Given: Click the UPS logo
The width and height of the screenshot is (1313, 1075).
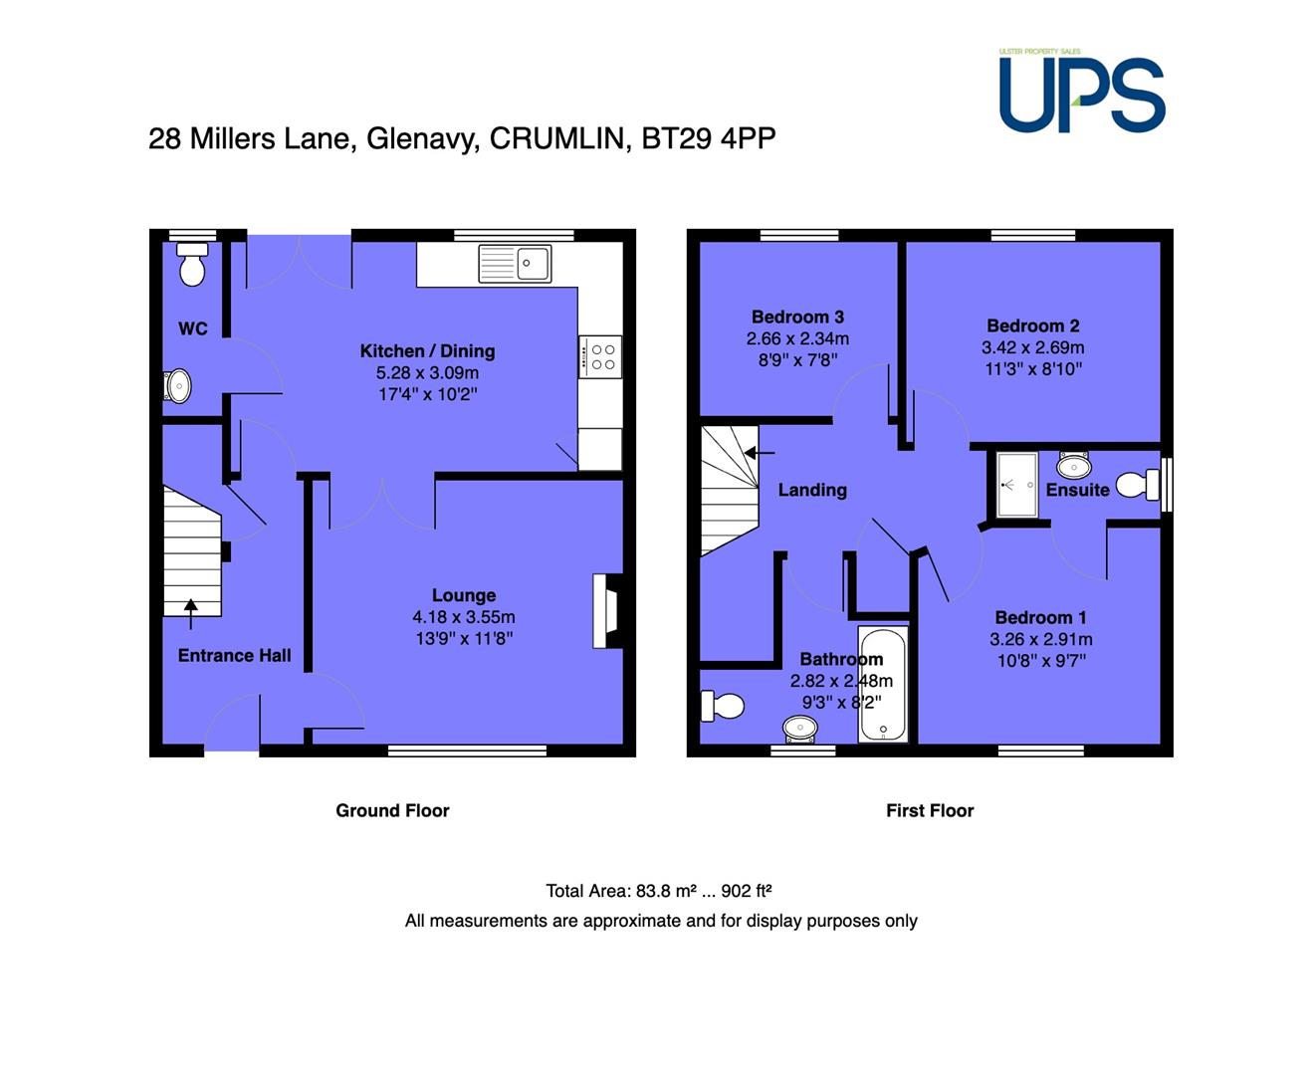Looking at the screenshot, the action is tap(1081, 93).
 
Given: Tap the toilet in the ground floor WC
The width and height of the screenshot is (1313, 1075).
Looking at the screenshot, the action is tap(192, 264).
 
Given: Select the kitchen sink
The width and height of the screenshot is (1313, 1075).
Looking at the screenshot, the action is tap(515, 264).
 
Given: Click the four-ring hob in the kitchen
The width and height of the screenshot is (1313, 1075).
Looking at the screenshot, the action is tap(600, 356).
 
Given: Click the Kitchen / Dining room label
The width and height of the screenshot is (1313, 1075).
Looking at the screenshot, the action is tap(428, 351).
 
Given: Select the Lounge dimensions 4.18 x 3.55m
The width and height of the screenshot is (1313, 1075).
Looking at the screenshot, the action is tap(464, 617).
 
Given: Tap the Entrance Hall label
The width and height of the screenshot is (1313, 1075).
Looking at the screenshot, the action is tap(235, 656).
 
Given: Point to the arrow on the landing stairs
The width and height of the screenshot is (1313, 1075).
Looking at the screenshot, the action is tap(760, 453).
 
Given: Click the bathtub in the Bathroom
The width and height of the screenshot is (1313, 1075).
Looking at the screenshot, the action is tap(883, 684).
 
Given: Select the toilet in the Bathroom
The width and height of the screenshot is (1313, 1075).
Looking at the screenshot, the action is tap(722, 707).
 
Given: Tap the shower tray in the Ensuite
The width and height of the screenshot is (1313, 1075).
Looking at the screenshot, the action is tap(1017, 485).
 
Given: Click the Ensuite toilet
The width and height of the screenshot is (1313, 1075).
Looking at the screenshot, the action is tap(1138, 485).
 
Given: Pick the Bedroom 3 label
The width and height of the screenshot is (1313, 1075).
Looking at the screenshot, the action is tap(797, 317).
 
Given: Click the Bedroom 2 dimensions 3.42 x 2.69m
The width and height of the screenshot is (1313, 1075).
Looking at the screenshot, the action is tap(1033, 347).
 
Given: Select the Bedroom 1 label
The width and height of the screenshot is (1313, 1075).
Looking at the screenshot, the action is tap(1040, 617).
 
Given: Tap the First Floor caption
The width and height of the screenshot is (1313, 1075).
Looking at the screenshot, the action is tap(930, 810).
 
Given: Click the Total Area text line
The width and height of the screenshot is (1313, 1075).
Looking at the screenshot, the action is tap(659, 891).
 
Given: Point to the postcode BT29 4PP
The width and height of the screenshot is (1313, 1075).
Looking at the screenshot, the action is tap(709, 138).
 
